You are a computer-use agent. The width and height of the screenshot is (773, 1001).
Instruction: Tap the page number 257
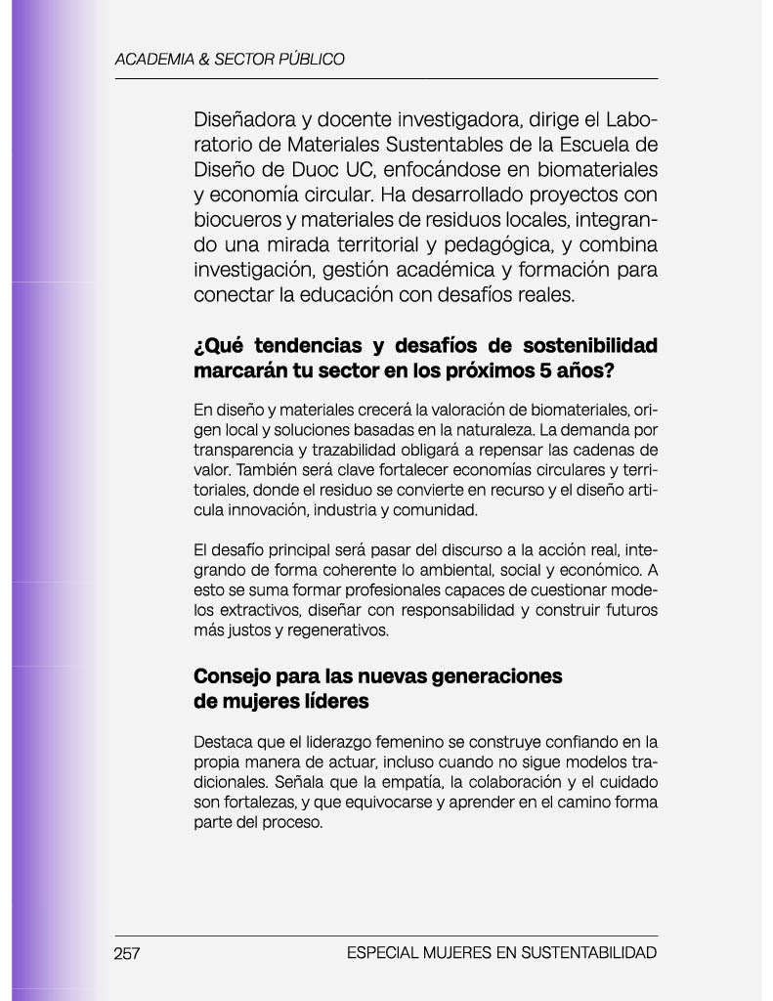click(x=127, y=953)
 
